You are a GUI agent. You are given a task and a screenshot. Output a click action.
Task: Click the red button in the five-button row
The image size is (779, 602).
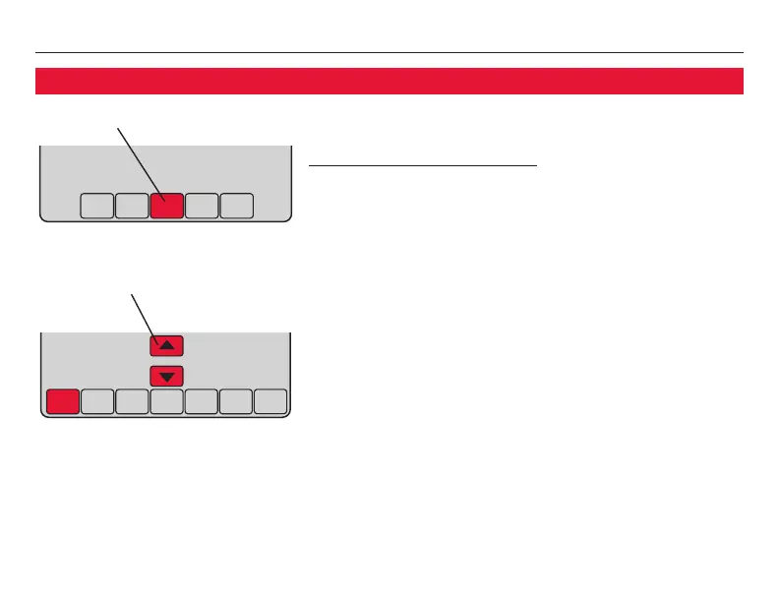tap(166, 206)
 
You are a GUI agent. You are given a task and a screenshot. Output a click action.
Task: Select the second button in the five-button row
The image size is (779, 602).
tap(131, 206)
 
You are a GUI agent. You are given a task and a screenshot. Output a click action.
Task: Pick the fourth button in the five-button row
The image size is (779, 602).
tap(202, 206)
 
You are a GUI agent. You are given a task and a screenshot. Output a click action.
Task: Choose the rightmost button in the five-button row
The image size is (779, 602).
tap(237, 206)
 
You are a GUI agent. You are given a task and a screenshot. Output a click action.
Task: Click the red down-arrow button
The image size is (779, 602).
tap(166, 376)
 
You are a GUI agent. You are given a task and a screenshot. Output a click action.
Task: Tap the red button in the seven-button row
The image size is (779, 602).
tap(63, 401)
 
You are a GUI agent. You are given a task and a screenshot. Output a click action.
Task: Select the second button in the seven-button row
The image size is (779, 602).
tap(97, 401)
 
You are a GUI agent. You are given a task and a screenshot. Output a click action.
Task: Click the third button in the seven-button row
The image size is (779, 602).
tap(132, 401)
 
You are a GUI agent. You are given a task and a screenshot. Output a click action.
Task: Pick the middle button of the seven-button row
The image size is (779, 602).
tap(166, 401)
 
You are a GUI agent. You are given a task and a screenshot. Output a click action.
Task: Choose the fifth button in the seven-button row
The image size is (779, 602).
tap(201, 401)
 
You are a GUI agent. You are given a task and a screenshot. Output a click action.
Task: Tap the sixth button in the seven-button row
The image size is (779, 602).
tap(235, 401)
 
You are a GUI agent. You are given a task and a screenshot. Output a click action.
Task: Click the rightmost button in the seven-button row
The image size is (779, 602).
tap(270, 401)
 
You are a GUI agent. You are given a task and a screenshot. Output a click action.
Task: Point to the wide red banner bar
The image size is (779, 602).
tap(389, 81)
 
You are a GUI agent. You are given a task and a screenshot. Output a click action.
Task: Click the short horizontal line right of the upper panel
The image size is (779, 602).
tap(423, 166)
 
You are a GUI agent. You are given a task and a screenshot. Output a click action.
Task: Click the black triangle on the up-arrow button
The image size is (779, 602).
tap(166, 345)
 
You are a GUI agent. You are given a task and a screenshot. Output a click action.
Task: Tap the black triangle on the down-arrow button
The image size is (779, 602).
tap(166, 377)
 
